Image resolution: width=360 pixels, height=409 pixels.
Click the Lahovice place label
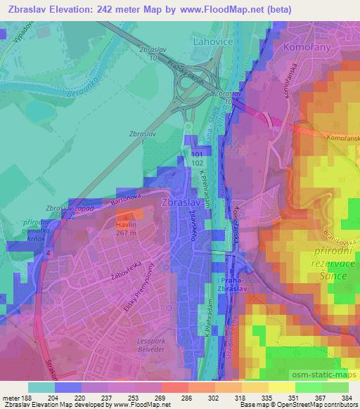pyautogui.click(x=212, y=43)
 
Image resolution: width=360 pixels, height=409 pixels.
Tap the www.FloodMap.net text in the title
pyautogui.click(x=214, y=9)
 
